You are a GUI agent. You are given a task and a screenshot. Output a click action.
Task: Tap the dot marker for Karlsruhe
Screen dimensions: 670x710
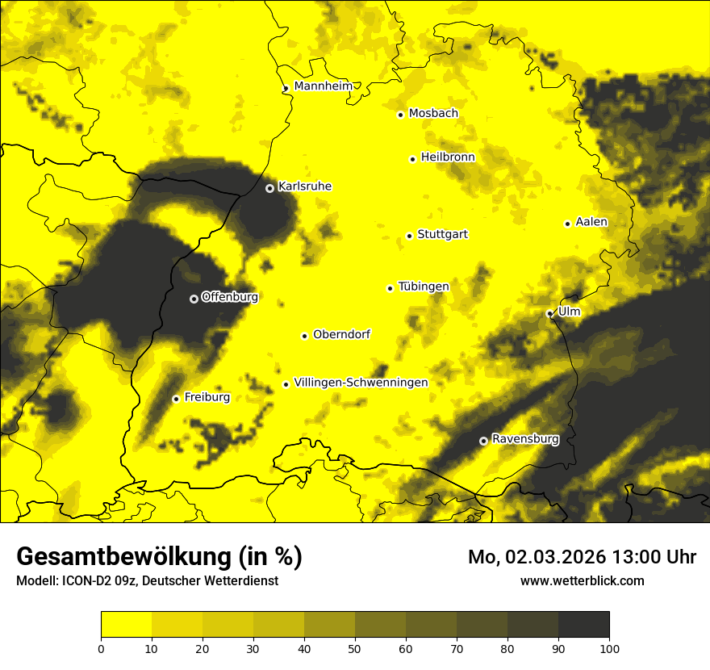[x=269, y=188]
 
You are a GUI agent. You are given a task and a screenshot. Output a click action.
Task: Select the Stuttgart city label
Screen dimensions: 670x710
[x=442, y=234]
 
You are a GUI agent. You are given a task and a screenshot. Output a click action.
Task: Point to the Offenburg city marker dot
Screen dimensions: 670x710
[x=194, y=299]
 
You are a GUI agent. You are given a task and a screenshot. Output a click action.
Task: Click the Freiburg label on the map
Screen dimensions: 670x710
[x=207, y=397]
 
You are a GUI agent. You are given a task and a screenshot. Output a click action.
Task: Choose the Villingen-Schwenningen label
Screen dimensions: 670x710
[x=361, y=383]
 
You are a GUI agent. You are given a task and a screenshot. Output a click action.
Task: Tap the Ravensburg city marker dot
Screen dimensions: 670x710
[x=483, y=441]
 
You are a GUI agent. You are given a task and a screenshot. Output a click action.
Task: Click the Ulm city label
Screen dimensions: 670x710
[x=569, y=312]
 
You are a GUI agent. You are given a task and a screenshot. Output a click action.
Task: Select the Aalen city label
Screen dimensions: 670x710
[x=591, y=222]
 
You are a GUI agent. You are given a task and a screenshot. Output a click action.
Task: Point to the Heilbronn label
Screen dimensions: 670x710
[x=448, y=157]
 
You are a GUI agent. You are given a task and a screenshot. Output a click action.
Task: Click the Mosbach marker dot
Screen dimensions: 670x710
[x=400, y=115]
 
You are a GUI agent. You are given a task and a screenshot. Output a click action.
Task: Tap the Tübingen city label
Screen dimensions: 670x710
[x=424, y=287]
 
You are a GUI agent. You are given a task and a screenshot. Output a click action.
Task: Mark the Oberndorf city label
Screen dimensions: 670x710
[x=341, y=334]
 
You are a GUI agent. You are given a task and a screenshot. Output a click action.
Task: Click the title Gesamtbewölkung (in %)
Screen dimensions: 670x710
[x=159, y=556]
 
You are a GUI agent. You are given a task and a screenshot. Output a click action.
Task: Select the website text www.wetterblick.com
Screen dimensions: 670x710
[x=582, y=580]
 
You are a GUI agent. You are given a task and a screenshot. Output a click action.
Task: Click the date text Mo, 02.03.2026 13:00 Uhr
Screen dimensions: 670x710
[x=582, y=557]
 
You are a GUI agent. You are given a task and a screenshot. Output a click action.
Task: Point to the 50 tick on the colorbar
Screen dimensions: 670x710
[x=355, y=647]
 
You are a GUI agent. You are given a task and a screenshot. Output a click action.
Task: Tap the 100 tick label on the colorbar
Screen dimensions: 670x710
[x=609, y=647]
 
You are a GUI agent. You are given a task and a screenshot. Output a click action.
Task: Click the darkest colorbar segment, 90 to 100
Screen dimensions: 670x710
[x=583, y=625]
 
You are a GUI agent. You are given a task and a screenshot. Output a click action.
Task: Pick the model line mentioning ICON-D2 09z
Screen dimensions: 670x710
[x=147, y=581]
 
